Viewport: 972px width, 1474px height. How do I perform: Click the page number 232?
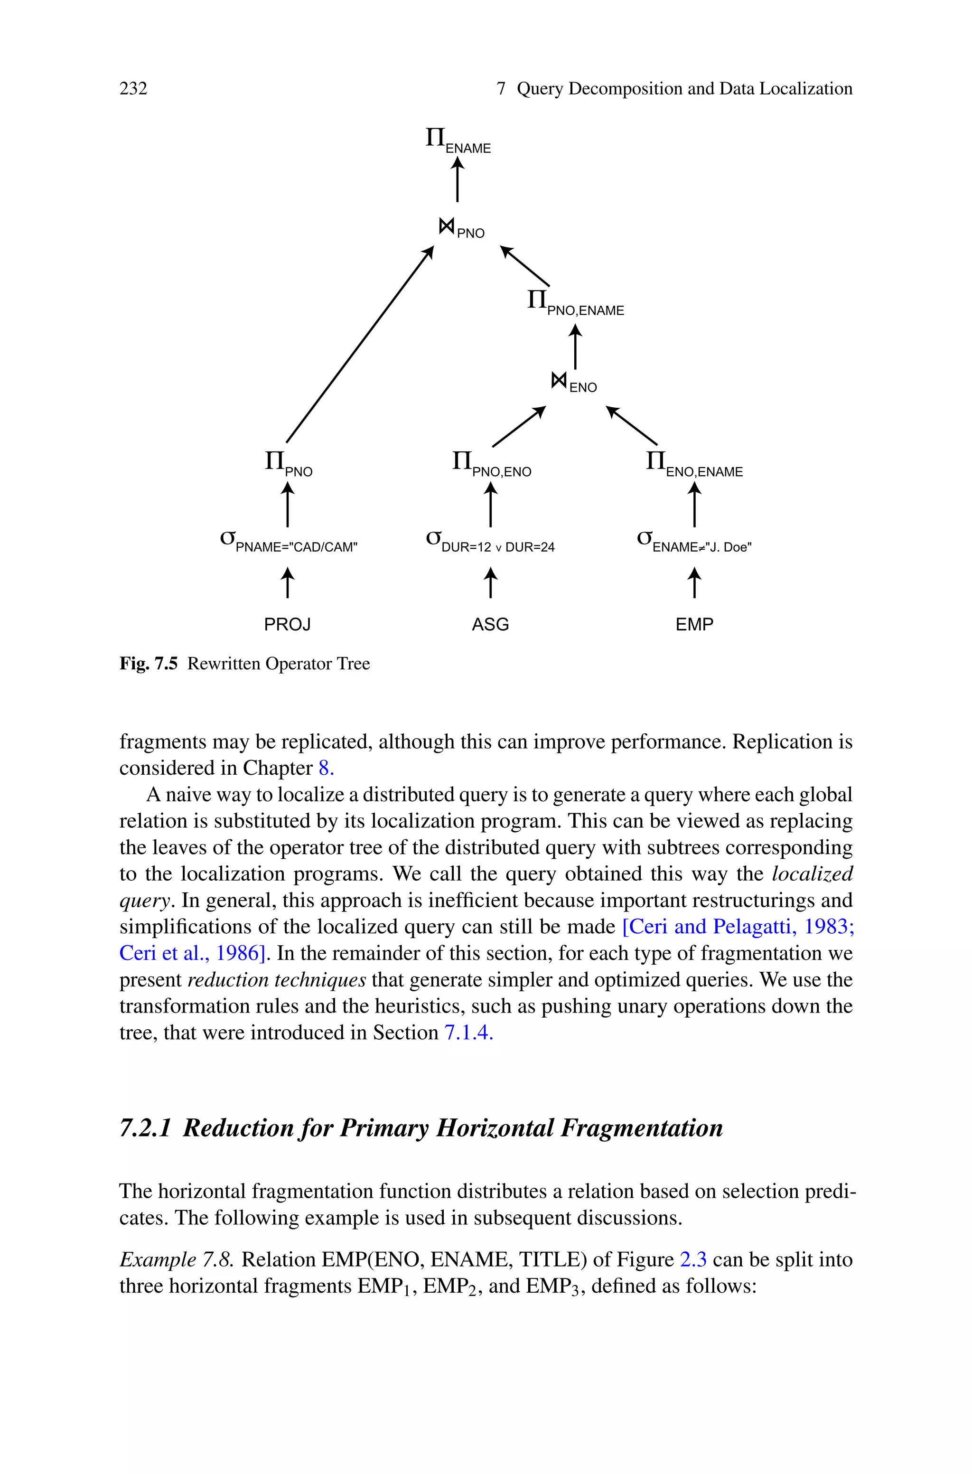pyautogui.click(x=133, y=89)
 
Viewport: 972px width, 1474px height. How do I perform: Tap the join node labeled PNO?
pyautogui.click(x=461, y=229)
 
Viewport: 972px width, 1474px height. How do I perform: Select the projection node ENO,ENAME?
pyautogui.click(x=694, y=465)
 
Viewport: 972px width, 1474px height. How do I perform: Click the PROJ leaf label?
pyautogui.click(x=287, y=624)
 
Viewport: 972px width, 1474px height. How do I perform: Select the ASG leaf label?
pyautogui.click(x=490, y=624)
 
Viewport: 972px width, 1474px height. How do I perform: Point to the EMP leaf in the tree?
pyautogui.click(x=694, y=624)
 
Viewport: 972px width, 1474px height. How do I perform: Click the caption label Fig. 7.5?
pyautogui.click(x=148, y=664)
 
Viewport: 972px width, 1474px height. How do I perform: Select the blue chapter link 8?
pyautogui.click(x=326, y=768)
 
